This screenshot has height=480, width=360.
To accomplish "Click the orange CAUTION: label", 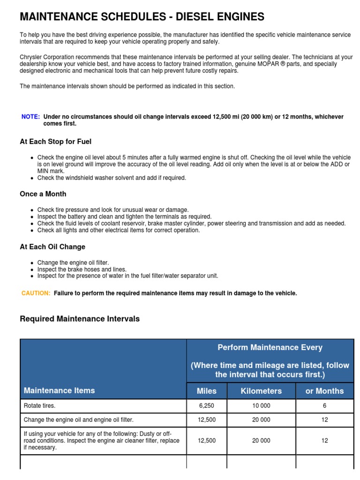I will [x=36, y=293].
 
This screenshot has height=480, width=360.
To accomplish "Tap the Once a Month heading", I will [x=43, y=194].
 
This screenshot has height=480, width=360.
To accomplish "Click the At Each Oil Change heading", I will [x=52, y=247].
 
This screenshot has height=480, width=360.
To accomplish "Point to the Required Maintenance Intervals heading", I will [x=79, y=319].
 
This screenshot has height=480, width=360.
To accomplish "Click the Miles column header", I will [x=207, y=391].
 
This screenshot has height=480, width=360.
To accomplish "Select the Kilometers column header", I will [x=261, y=391].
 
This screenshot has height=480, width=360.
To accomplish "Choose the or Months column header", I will [x=324, y=391].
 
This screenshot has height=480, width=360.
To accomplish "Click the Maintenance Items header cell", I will [x=59, y=390].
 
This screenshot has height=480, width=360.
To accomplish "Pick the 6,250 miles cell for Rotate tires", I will [x=207, y=406].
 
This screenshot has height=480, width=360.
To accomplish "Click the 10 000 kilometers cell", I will [x=261, y=406].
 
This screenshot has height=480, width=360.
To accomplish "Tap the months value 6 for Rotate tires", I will [x=324, y=406].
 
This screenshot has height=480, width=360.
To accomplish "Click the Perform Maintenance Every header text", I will [x=270, y=347].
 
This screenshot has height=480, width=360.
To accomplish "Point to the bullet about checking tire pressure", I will [x=112, y=210].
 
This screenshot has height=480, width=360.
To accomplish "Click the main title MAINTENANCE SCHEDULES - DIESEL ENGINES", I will [x=142, y=17].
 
